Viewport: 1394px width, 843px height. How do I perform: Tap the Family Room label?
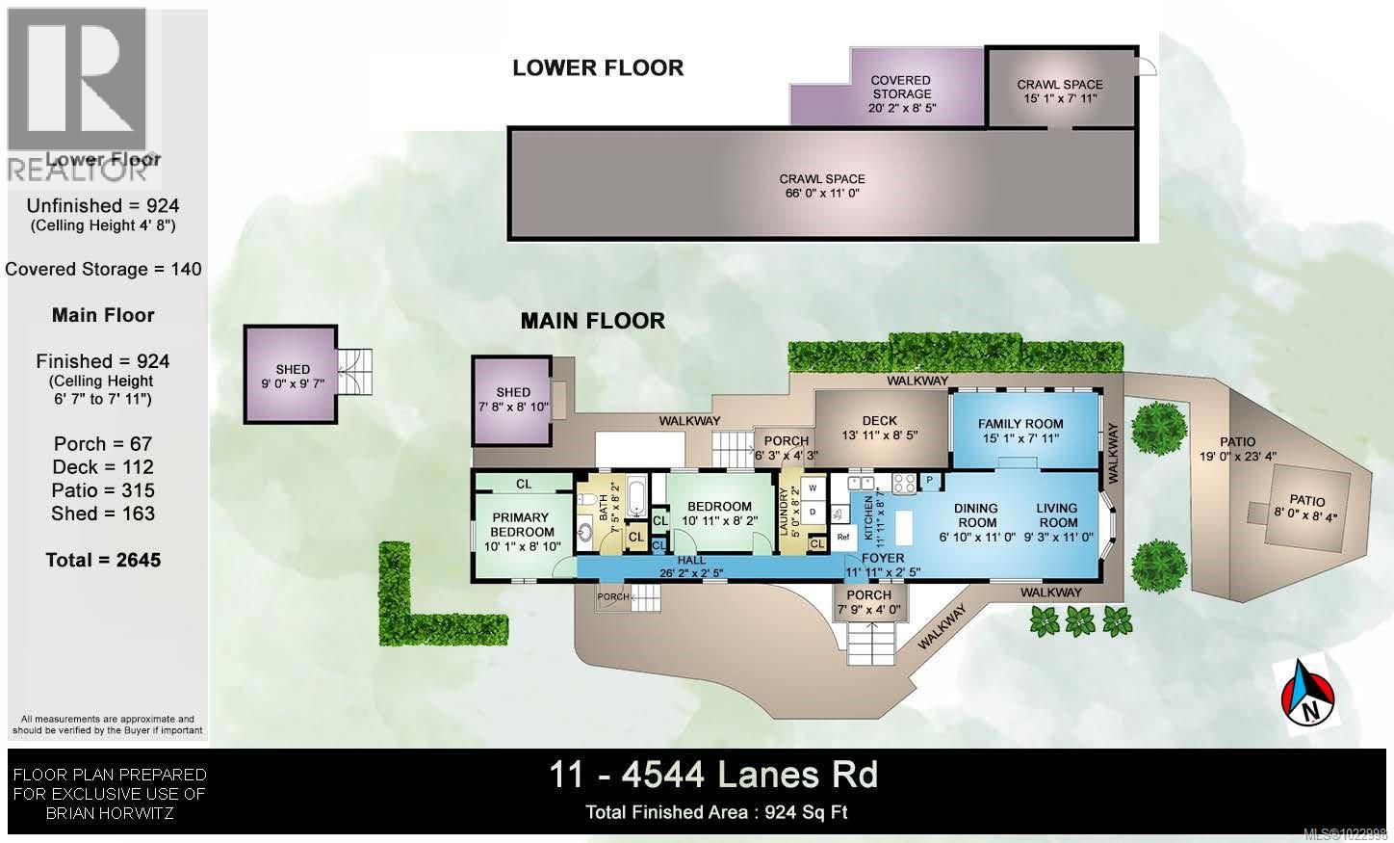(1020, 431)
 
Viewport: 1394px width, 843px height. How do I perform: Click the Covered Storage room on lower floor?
(900, 93)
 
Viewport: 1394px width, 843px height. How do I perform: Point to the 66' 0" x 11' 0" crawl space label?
(821, 186)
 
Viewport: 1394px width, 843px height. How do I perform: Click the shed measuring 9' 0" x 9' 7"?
(293, 376)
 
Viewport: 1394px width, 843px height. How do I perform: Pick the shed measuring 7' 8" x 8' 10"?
(513, 399)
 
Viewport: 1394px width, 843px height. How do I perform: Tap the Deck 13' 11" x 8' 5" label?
(879, 427)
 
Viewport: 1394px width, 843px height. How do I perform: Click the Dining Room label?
(975, 515)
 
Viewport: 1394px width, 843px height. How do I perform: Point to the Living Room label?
(1056, 515)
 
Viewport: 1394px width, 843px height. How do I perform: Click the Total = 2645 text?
(103, 560)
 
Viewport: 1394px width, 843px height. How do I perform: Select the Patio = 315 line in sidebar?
(103, 490)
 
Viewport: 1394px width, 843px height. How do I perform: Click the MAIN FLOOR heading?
(592, 321)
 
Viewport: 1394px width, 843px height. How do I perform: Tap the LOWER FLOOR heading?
(598, 67)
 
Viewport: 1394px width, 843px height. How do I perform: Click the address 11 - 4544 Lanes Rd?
(713, 775)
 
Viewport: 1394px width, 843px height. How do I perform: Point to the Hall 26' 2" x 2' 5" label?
(691, 566)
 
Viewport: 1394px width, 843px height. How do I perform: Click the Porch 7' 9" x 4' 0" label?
(868, 602)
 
